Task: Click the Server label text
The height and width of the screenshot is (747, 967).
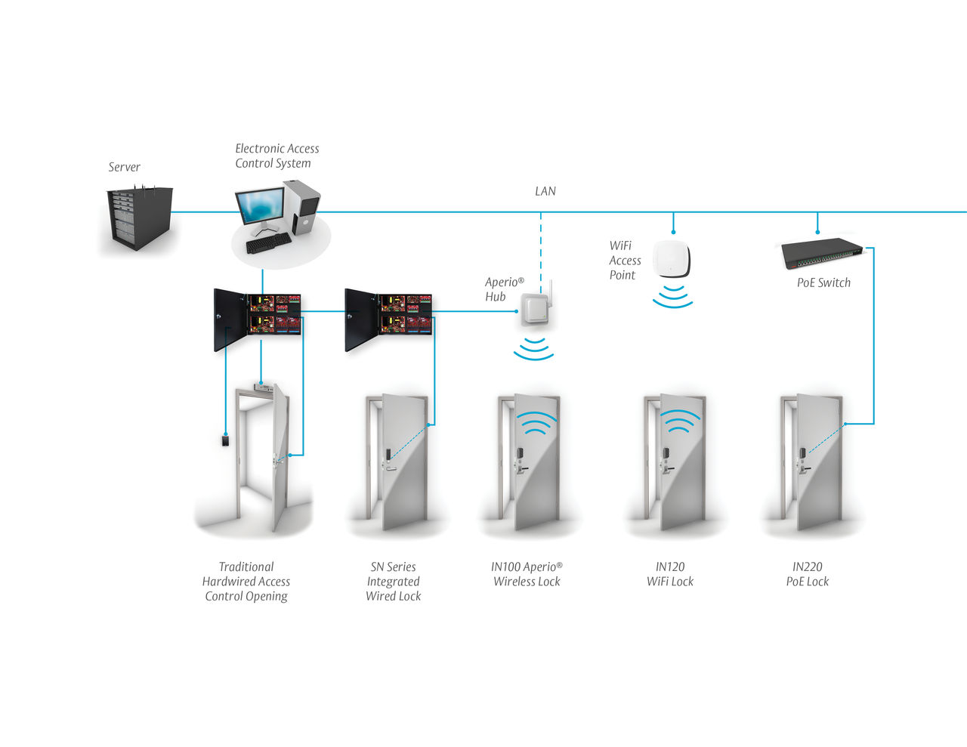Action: [x=124, y=167]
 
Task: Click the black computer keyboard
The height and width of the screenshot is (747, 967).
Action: [x=268, y=242]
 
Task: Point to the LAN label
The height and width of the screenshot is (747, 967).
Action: [x=545, y=191]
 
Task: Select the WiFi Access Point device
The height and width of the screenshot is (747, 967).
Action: [x=672, y=259]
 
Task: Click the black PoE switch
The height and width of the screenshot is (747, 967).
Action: [x=823, y=254]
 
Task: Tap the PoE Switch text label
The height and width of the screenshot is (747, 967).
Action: [x=823, y=282]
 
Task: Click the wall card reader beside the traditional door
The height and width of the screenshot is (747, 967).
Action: [x=225, y=440]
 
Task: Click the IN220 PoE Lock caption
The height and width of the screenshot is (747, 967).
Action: [x=807, y=574]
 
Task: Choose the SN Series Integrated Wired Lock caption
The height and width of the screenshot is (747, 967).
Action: [x=393, y=581]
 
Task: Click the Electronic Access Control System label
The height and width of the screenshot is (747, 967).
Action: [x=277, y=156]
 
